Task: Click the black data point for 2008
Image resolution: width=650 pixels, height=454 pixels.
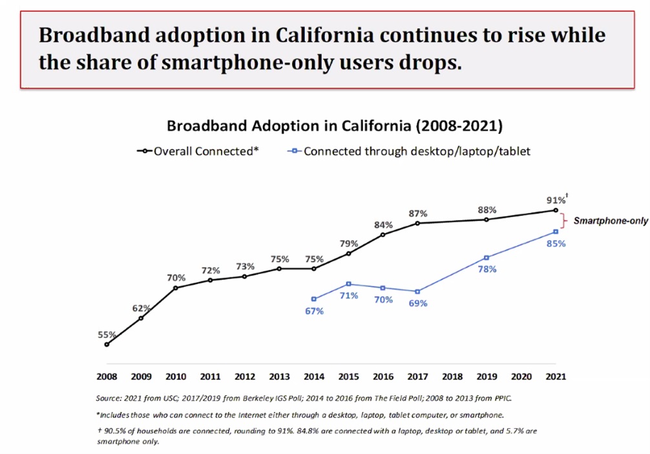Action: pyautogui.click(x=107, y=345)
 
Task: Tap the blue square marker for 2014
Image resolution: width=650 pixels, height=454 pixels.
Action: pyautogui.click(x=314, y=299)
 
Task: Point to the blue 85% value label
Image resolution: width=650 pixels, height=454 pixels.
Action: pyautogui.click(x=556, y=244)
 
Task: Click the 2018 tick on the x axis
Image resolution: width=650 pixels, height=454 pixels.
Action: pyautogui.click(x=452, y=376)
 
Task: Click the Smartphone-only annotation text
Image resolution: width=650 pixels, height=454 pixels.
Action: pyautogui.click(x=611, y=221)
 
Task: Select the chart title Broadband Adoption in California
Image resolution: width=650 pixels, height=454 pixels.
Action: pyautogui.click(x=335, y=125)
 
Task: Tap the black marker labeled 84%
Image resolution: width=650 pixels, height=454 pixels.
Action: pyautogui.click(x=383, y=234)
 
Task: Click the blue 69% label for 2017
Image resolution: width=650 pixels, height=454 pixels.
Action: pyautogui.click(x=417, y=303)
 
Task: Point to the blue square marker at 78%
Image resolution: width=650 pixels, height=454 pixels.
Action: pyautogui.click(x=487, y=257)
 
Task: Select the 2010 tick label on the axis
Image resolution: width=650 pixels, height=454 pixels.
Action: pyautogui.click(x=176, y=376)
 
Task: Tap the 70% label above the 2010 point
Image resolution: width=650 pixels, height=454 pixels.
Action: pyautogui.click(x=175, y=277)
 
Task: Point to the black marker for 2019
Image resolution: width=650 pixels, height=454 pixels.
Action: pyautogui.click(x=487, y=220)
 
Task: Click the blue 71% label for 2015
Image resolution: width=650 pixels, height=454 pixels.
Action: pyautogui.click(x=349, y=296)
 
